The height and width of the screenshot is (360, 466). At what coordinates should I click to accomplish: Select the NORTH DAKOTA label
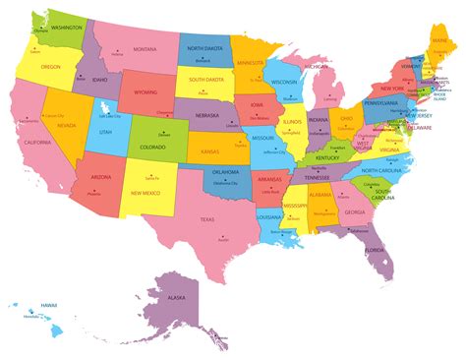click(x=205, y=47)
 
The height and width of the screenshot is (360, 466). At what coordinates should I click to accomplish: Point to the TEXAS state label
click(x=206, y=219)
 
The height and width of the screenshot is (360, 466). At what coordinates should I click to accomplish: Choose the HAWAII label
click(x=47, y=305)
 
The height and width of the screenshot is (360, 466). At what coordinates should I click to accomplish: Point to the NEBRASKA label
click(x=206, y=115)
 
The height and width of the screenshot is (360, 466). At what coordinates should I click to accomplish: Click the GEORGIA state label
click(x=354, y=212)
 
